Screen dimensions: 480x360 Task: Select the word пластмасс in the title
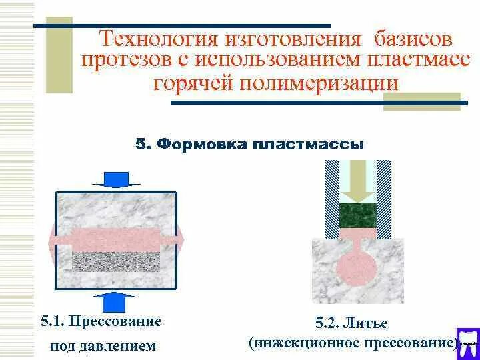coord(419,61)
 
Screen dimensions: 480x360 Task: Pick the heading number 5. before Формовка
coord(144,145)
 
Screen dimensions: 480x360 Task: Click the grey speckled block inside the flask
coord(115,261)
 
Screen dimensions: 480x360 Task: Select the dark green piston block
coord(358,215)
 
